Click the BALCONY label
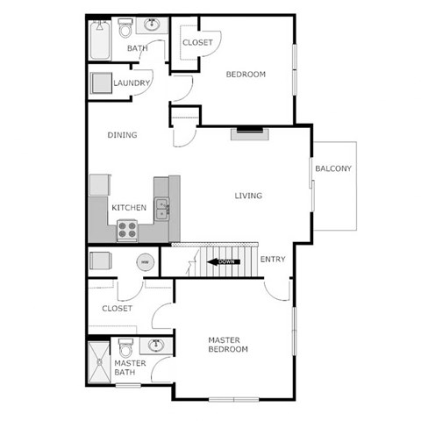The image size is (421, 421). (333, 168)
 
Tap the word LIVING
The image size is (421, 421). (248, 196)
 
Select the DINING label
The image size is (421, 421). (121, 135)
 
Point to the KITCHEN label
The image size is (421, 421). (128, 208)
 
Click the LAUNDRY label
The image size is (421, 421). (132, 83)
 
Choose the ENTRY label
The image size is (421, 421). (273, 259)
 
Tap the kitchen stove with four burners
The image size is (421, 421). (128, 230)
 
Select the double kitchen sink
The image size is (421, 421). (162, 209)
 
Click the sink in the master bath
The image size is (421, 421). (155, 345)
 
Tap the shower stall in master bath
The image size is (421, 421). (98, 363)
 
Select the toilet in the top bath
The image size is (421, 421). (125, 31)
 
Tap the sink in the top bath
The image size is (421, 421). (153, 25)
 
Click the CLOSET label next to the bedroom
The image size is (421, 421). (197, 42)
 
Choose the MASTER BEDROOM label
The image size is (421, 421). (227, 344)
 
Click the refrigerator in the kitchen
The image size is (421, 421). (99, 185)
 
